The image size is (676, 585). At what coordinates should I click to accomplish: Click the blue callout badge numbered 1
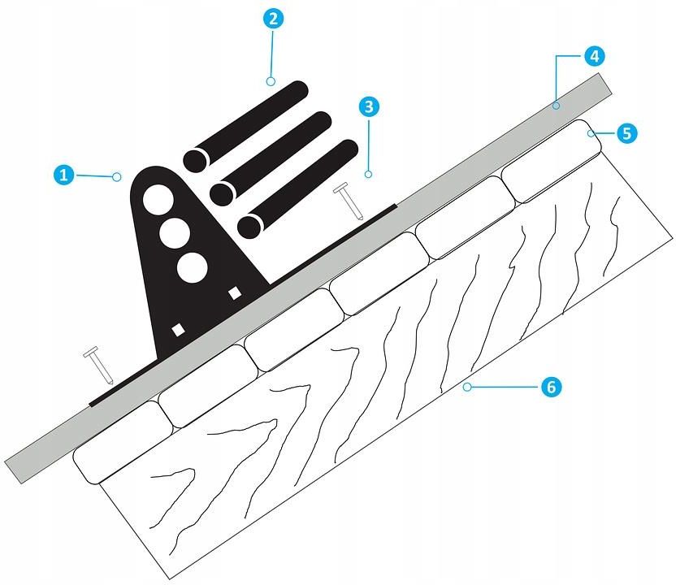click(x=64, y=175)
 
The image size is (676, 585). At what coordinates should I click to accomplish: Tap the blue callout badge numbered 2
click(x=273, y=19)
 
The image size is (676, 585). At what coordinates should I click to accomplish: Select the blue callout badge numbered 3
click(x=369, y=106)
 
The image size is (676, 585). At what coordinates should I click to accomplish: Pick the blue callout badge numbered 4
click(x=595, y=56)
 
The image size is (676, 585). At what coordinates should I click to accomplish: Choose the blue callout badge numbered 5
click(x=627, y=133)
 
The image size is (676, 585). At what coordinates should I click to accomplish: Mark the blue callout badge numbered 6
click(x=552, y=387)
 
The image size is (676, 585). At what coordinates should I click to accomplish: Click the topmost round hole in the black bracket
click(x=158, y=200)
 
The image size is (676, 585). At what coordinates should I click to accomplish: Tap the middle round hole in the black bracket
click(x=175, y=233)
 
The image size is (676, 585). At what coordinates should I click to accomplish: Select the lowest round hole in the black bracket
click(x=193, y=267)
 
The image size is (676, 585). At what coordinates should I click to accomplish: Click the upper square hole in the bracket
click(x=235, y=293)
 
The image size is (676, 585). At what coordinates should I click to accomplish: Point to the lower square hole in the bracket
click(x=178, y=330)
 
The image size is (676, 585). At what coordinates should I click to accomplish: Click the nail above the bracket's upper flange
click(x=349, y=201)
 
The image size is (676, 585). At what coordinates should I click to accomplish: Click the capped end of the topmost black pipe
click(x=195, y=160)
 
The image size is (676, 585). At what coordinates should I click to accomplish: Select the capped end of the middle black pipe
click(x=222, y=193)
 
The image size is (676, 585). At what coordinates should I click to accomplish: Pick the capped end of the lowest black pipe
click(x=249, y=226)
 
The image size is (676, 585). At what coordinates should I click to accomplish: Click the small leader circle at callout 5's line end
click(x=591, y=133)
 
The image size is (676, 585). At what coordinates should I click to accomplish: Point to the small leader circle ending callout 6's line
click(x=467, y=387)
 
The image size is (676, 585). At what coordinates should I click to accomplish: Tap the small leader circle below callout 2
click(x=271, y=81)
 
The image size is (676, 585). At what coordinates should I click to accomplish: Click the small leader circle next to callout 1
click(x=117, y=177)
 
